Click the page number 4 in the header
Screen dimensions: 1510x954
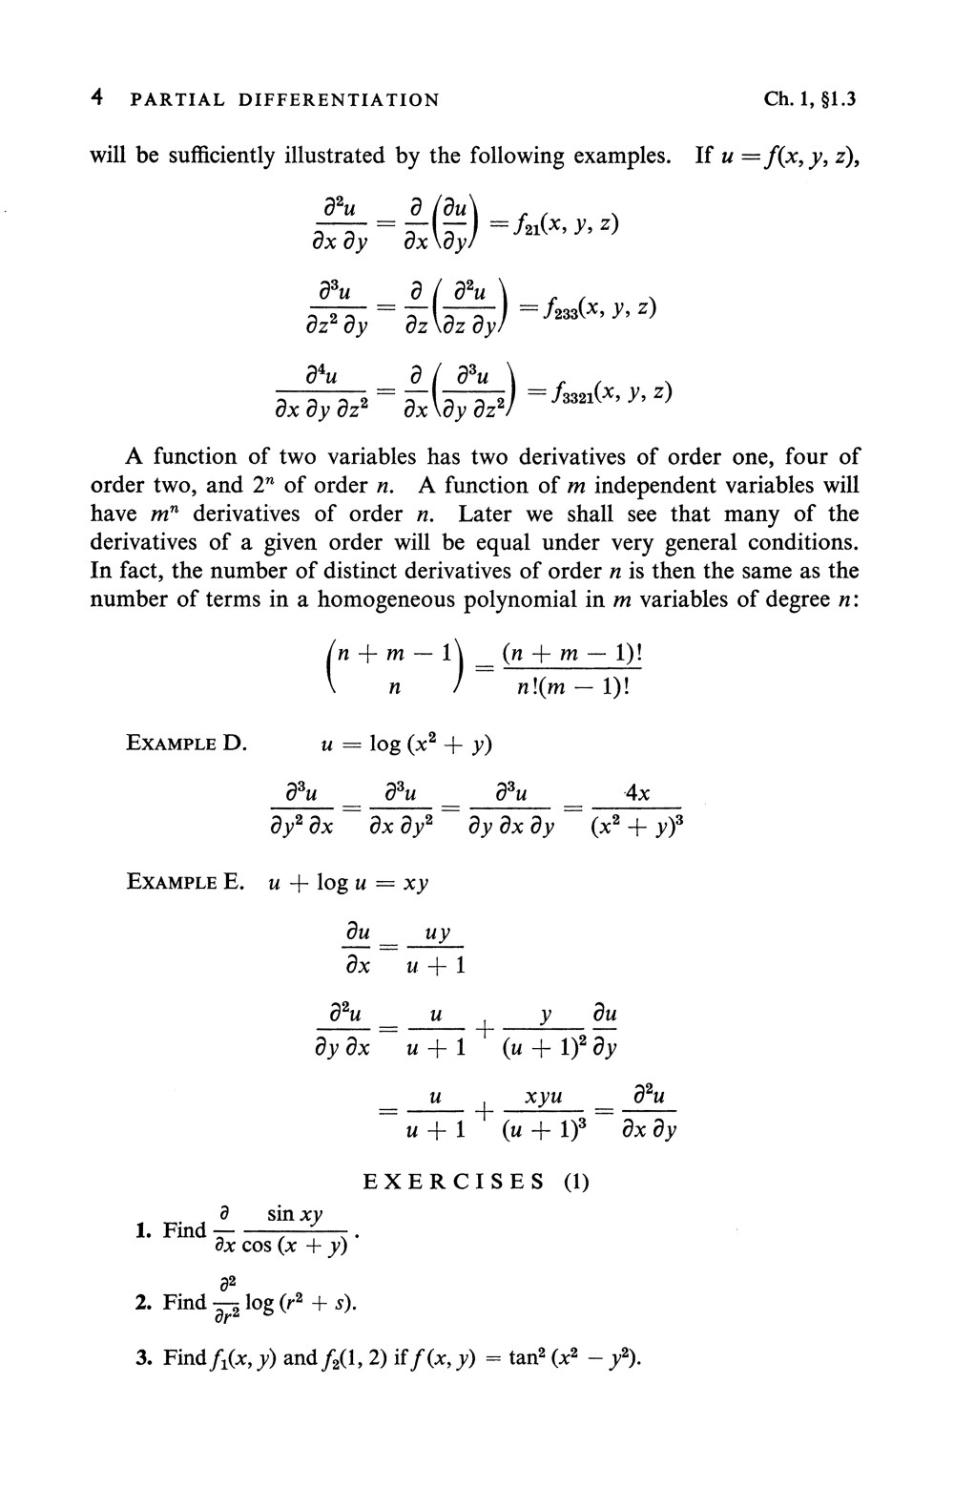tap(96, 98)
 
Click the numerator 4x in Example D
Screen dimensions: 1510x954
tap(637, 793)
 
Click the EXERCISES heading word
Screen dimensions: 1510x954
tap(453, 1183)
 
